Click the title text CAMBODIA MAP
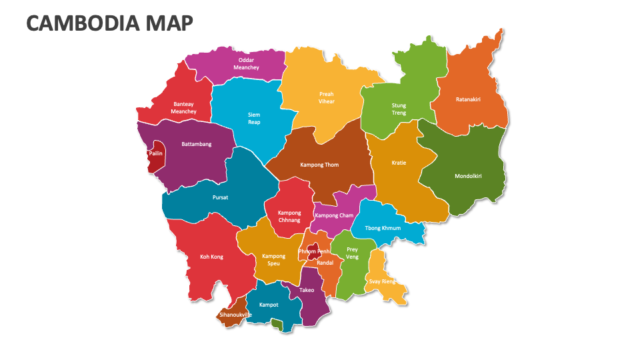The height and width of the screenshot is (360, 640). point(110,23)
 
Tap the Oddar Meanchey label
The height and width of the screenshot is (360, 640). point(246,63)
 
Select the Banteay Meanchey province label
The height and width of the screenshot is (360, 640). point(183,108)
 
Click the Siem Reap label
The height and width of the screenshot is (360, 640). point(254,119)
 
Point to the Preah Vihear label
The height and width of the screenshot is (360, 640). point(326,98)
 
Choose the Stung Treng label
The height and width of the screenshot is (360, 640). point(399,109)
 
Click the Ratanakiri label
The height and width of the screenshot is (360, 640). point(468,99)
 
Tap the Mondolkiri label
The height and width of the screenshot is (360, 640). point(467,177)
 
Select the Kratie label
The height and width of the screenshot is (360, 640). point(399,163)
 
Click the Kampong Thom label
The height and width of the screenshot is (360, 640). point(319,165)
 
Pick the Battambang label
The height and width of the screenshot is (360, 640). point(197,144)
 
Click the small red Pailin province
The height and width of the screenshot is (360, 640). point(156,157)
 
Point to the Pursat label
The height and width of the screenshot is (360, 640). point(220,198)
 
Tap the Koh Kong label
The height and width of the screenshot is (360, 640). point(211,257)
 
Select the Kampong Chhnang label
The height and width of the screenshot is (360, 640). point(289,217)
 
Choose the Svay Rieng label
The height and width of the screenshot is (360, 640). point(382,281)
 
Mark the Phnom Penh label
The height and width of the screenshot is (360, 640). point(314,251)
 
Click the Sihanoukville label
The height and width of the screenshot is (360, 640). point(235,315)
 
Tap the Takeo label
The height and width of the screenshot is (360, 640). point(307,290)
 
